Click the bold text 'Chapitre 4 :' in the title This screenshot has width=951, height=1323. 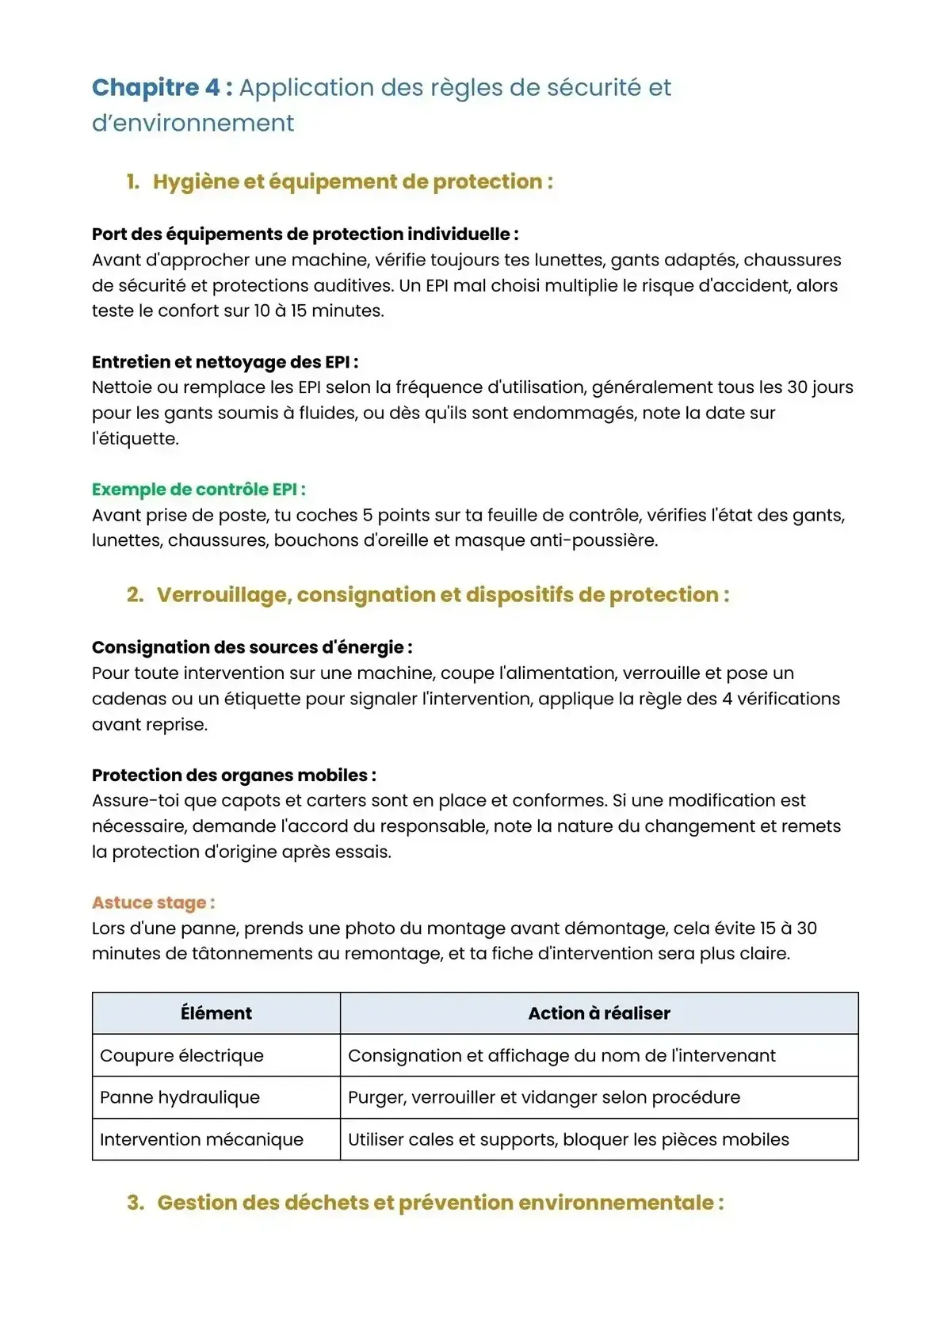pyautogui.click(x=162, y=88)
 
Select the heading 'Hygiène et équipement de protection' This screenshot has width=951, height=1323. pyautogui.click(x=353, y=181)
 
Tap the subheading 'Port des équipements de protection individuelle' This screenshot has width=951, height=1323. pyautogui.click(x=305, y=234)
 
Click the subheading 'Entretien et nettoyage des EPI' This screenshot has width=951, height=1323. pyautogui.click(x=225, y=362)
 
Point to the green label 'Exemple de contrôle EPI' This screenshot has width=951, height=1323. pyautogui.click(x=198, y=490)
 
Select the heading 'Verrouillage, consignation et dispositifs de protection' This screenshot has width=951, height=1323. pyautogui.click(x=443, y=595)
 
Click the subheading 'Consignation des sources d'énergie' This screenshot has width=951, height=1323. pyautogui.click(x=251, y=647)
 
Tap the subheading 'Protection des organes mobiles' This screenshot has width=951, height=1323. pyautogui.click(x=234, y=775)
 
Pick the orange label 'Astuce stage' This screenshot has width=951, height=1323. pyautogui.click(x=153, y=902)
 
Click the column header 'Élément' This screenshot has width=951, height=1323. pyautogui.click(x=216, y=1013)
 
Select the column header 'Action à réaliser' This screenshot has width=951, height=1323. pyautogui.click(x=599, y=1013)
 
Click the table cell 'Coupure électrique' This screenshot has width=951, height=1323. pyautogui.click(x=181, y=1055)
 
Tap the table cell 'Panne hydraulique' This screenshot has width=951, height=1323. pyautogui.click(x=180, y=1097)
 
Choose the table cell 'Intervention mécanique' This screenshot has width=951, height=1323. pyautogui.click(x=201, y=1139)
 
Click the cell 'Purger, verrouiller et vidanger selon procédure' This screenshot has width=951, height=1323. pyautogui.click(x=544, y=1097)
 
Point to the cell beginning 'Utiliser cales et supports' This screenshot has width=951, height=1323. pyautogui.click(x=568, y=1139)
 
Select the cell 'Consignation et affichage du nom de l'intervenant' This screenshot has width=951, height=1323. pyautogui.click(x=562, y=1055)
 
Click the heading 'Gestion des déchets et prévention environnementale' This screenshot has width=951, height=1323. pyautogui.click(x=440, y=1203)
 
